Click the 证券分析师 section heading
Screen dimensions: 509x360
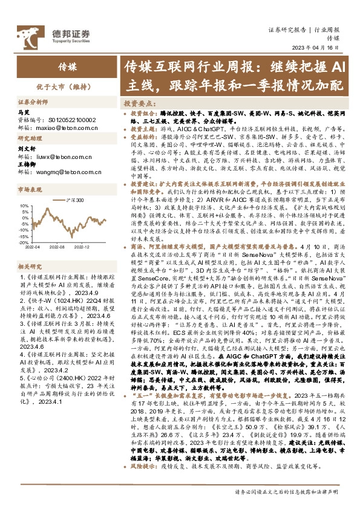[31, 103]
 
